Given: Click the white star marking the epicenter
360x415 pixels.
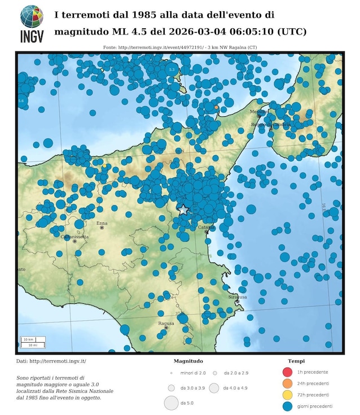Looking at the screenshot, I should [x=183, y=209].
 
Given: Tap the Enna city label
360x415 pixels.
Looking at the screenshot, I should [x=102, y=223].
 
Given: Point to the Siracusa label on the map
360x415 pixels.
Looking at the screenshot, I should [x=236, y=296].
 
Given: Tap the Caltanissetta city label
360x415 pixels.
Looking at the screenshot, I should [x=74, y=237].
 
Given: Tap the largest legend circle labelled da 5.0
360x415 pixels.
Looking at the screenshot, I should [x=171, y=403].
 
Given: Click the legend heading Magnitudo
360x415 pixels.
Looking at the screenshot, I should [x=188, y=361].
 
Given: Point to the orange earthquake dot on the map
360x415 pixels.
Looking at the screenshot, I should [x=216, y=107].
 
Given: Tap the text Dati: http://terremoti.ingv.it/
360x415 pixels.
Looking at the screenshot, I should [x=51, y=361].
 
